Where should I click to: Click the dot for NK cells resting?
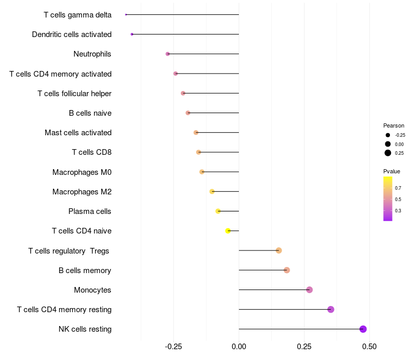pyautogui.click(x=363, y=329)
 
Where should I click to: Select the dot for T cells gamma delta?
pyautogui.click(x=126, y=14)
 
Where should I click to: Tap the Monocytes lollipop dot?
pyautogui.click(x=309, y=290)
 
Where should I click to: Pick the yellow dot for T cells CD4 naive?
pyautogui.click(x=228, y=231)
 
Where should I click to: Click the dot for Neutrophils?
pyautogui.click(x=167, y=54)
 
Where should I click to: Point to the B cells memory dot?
pyautogui.click(x=287, y=270)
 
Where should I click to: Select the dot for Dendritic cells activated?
pyautogui.click(x=132, y=34)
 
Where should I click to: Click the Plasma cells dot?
pyautogui.click(x=218, y=211)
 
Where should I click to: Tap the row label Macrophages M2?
pyautogui.click(x=82, y=192)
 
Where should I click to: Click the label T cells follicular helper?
pyautogui.click(x=74, y=94)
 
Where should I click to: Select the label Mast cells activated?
pyautogui.click(x=78, y=133)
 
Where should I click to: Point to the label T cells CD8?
pyautogui.click(x=91, y=152)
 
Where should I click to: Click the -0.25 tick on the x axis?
pyautogui.click(x=173, y=347)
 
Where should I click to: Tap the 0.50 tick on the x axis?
pyautogui.click(x=369, y=347)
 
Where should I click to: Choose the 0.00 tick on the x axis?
pyautogui.click(x=239, y=347)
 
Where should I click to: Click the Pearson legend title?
pyautogui.click(x=394, y=125)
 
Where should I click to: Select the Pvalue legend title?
pyautogui.click(x=391, y=171)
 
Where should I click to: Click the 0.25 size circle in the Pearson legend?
pyautogui.click(x=388, y=153)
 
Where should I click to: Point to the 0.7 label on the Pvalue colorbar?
pyautogui.click(x=398, y=188)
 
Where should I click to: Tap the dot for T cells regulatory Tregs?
pyautogui.click(x=278, y=250)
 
